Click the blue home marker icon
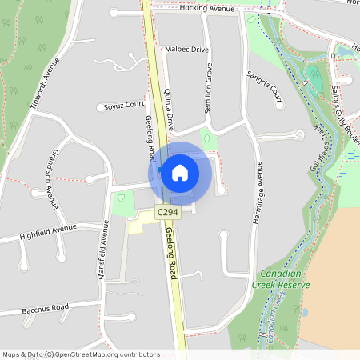(180, 173)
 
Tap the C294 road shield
(167, 212)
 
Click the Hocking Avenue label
(206, 8)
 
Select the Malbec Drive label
(186, 49)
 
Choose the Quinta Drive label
(169, 110)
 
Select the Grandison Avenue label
(53, 178)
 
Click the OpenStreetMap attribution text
(81, 354)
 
